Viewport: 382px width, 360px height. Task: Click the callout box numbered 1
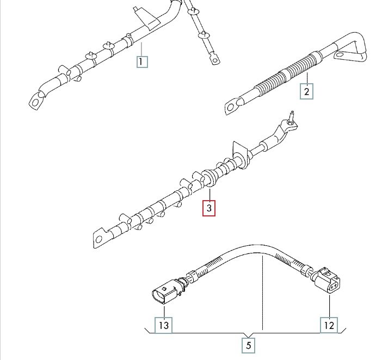pos(142,61)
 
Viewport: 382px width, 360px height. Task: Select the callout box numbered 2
pos(306,91)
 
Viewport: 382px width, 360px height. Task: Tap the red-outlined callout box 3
pos(209,208)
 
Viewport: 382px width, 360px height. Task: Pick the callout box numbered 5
pos(249,345)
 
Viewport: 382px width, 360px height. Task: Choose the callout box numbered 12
pos(329,325)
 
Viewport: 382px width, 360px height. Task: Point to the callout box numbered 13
pos(164,325)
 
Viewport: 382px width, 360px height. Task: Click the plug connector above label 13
pos(165,292)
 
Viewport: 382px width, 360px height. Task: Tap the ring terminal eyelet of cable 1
pos(37,101)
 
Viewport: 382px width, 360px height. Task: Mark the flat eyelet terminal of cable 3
pos(100,239)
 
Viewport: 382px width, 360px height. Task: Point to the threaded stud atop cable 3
pos(291,117)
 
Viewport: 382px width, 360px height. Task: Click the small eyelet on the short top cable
pos(214,60)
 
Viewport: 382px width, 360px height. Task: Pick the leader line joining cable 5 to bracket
pos(262,293)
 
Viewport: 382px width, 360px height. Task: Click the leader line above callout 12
pos(329,306)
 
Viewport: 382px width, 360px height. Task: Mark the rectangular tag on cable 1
pos(147,19)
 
